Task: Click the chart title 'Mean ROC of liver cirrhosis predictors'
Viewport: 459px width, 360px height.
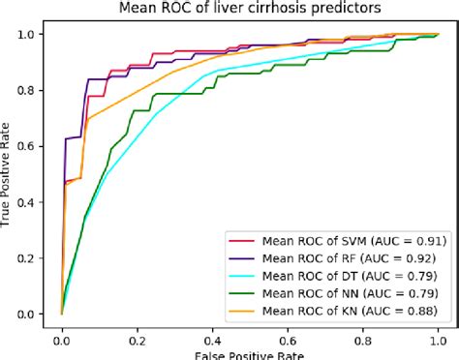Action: (x=248, y=9)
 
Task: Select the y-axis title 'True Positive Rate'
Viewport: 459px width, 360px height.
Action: (x=9, y=173)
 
